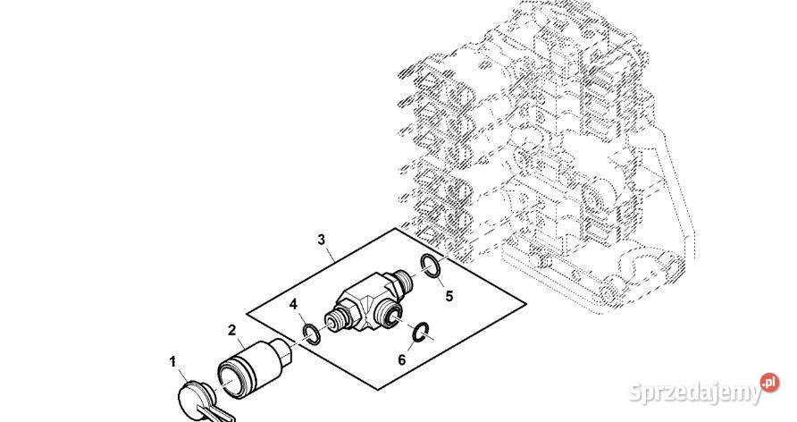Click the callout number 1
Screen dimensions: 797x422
coord(172,362)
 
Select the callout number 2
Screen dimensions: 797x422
coord(231,331)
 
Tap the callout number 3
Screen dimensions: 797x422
coord(322,240)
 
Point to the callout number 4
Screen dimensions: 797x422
coord(293,305)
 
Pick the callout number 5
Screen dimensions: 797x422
coord(449,296)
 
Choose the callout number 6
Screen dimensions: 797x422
coord(401,360)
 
